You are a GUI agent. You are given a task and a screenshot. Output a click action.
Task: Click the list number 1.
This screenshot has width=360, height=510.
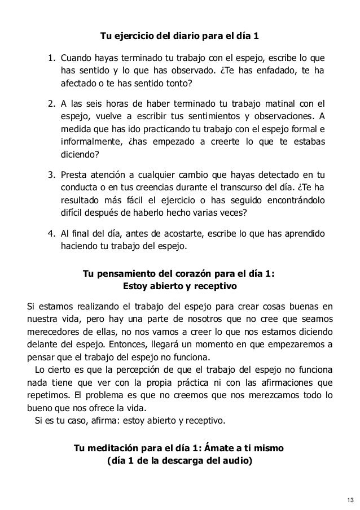click(x=51, y=58)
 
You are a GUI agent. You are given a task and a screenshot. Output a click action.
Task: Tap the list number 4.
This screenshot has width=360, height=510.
click(x=51, y=234)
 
